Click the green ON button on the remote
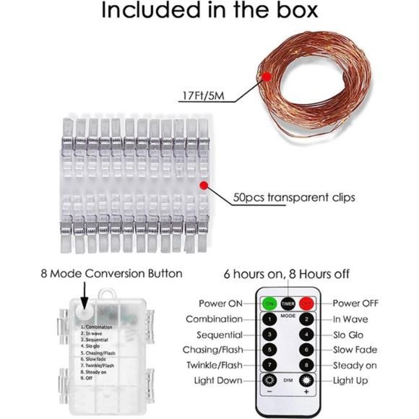[x=269, y=303]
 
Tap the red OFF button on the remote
[x=307, y=303]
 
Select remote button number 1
[x=269, y=319]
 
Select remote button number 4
[x=307, y=334]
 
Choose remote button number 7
[x=269, y=365]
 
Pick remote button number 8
[x=307, y=365]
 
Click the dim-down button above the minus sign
[x=269, y=380]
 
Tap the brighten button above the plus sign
[x=307, y=380]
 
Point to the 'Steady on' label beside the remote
[x=355, y=365]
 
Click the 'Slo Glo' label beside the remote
[x=350, y=334]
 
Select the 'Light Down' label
[x=218, y=380]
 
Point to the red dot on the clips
[x=204, y=185]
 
